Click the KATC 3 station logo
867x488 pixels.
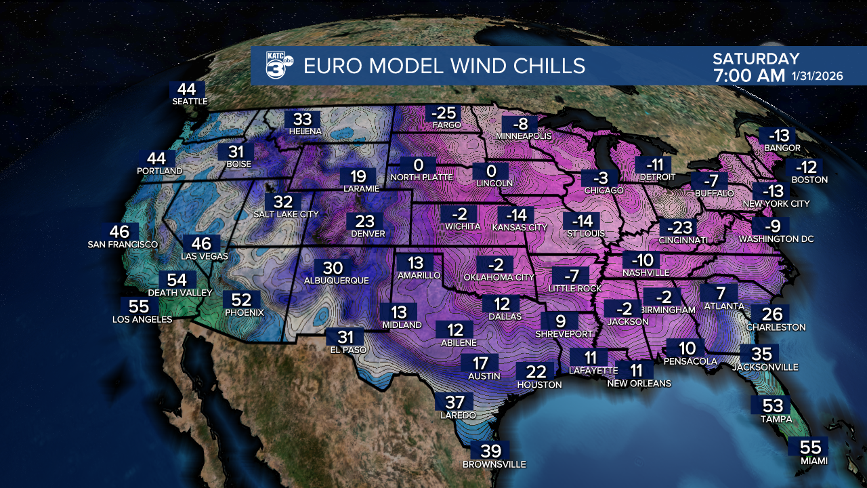pyautogui.click(x=278, y=65)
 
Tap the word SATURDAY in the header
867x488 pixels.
pyautogui.click(x=756, y=59)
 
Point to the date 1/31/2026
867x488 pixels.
pyautogui.click(x=817, y=76)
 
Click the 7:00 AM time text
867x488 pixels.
pyautogui.click(x=748, y=76)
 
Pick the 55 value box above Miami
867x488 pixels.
pyautogui.click(x=810, y=448)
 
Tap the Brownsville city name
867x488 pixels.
pyautogui.click(x=494, y=465)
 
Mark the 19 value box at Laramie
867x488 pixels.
pyautogui.click(x=358, y=177)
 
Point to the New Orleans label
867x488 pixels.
pyautogui.click(x=639, y=384)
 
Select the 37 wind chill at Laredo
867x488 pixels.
pyautogui.click(x=454, y=403)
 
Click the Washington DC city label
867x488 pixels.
pyautogui.click(x=776, y=239)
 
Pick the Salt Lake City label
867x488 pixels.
pyautogui.click(x=286, y=214)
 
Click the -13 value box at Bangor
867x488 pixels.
pyautogui.click(x=774, y=136)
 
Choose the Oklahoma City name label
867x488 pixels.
pyautogui.click(x=499, y=277)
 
